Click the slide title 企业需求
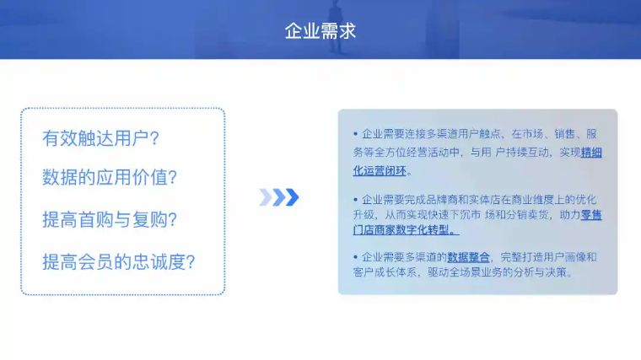pos(320,31)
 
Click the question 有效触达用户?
pos(100,138)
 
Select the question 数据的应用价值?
pos(110,177)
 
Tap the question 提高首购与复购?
pos(110,219)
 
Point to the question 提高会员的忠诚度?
pos(119,261)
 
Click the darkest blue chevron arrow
pos(293,197)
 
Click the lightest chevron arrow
pos(266,197)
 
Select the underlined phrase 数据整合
pos(468,257)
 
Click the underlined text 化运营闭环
pos(380,170)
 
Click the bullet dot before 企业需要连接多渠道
pos(355,133)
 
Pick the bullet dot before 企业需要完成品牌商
pos(355,200)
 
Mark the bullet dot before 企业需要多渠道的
pos(355,257)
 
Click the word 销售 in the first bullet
pos(564,133)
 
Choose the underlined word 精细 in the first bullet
pos(591,153)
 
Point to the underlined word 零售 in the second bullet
pos(591,214)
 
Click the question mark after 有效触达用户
pos(154,138)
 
